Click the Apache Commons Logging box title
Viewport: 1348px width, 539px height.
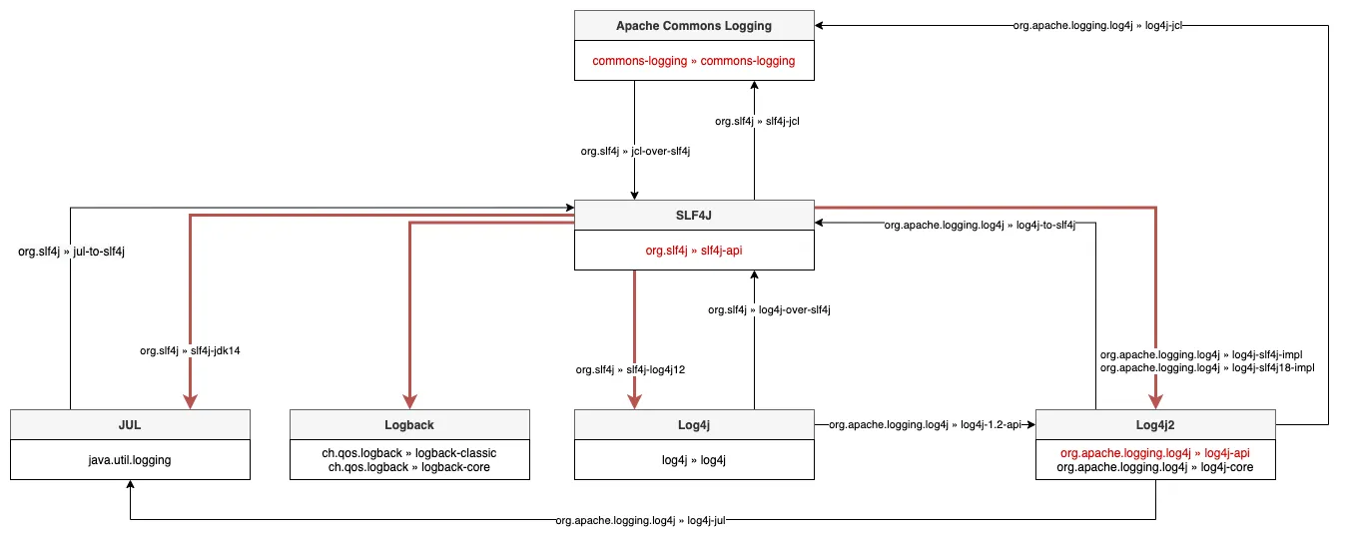click(694, 25)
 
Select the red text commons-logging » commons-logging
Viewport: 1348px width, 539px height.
click(694, 61)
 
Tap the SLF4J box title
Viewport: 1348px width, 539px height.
click(694, 216)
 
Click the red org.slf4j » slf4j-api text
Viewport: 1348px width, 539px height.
click(694, 251)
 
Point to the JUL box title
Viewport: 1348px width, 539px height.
click(130, 424)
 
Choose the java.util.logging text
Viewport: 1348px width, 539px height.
click(130, 460)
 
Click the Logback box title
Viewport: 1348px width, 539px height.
click(409, 424)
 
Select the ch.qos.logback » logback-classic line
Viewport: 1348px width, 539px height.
click(409, 453)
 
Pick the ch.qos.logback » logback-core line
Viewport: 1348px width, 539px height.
click(409, 467)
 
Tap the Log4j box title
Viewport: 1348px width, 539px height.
click(694, 424)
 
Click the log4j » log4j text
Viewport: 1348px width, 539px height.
click(694, 460)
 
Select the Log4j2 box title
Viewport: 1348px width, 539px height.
click(1156, 424)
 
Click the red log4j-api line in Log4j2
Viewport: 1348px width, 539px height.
click(1155, 453)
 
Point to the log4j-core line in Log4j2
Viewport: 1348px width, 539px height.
click(1155, 467)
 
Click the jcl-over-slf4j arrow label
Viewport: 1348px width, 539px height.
click(636, 152)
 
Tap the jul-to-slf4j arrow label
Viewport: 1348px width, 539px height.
click(72, 252)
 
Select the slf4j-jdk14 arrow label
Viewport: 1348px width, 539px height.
click(190, 350)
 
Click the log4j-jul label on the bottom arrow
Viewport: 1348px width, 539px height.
click(640, 521)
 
